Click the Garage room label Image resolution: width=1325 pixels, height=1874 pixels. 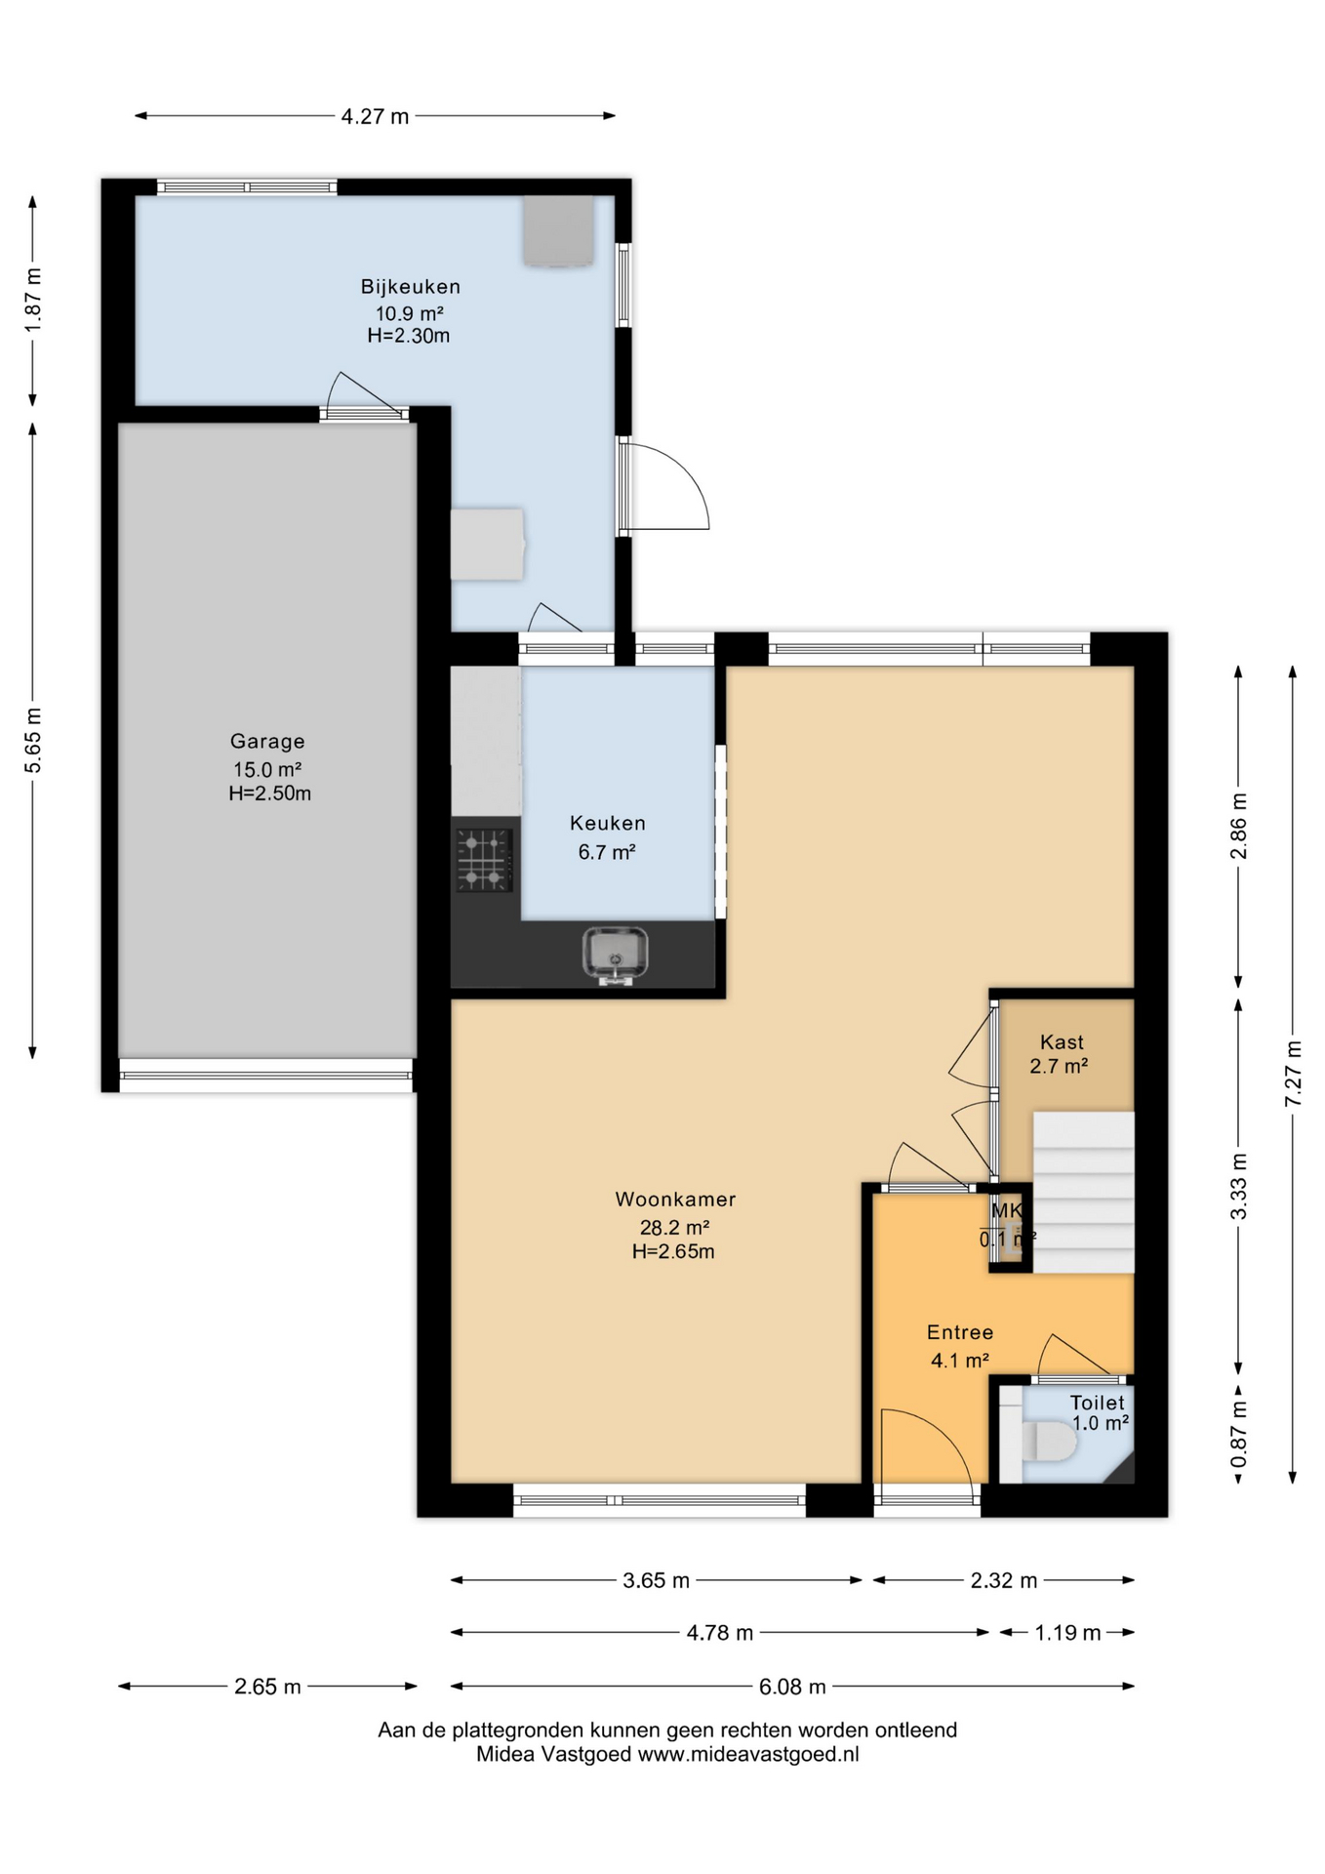(x=267, y=742)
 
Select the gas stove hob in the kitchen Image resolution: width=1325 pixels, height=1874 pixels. (x=484, y=860)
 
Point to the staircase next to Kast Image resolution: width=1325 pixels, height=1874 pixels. (x=1083, y=1191)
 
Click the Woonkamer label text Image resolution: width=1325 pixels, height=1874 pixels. (x=675, y=1200)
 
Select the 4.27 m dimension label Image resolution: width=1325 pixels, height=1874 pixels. (x=375, y=117)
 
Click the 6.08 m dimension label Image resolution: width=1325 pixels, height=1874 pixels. (x=792, y=1687)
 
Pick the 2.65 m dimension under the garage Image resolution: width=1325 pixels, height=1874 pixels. (x=267, y=1687)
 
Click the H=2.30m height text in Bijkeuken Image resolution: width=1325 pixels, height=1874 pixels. (x=409, y=337)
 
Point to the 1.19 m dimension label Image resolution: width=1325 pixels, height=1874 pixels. (x=1067, y=1633)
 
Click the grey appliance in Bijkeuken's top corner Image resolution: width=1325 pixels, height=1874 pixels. (x=558, y=230)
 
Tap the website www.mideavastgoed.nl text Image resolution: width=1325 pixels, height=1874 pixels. (x=748, y=1754)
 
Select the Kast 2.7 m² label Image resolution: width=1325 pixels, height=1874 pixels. (x=1061, y=1054)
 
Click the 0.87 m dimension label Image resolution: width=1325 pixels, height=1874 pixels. (x=1238, y=1433)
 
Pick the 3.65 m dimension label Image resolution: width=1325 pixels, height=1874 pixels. (x=656, y=1580)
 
